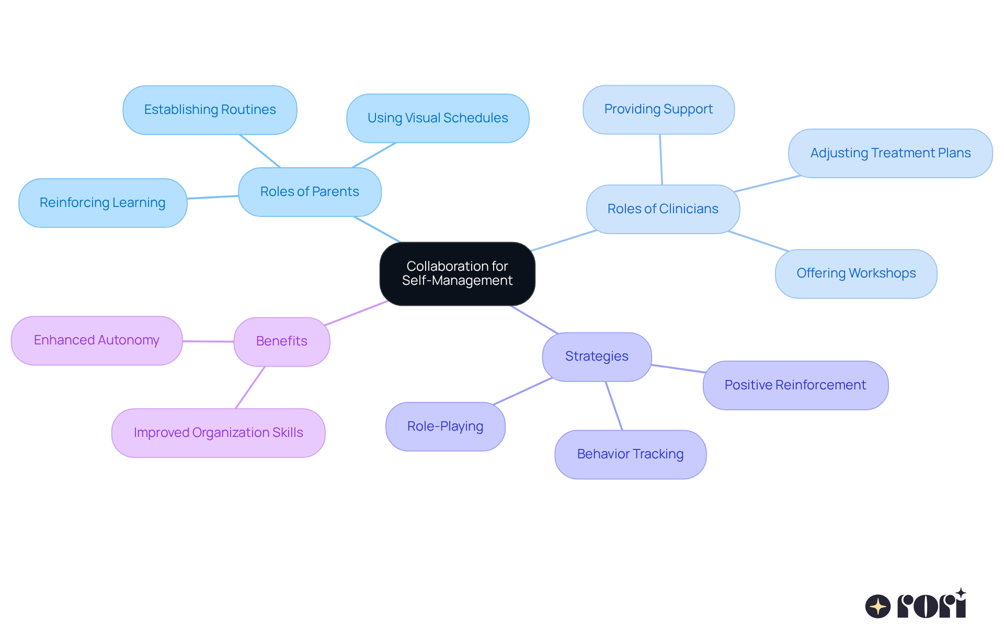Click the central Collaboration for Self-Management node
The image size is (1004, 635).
tap(457, 273)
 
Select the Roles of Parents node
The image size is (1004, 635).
tap(310, 192)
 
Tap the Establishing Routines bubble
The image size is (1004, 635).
tap(210, 110)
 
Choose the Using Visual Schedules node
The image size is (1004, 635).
tap(438, 118)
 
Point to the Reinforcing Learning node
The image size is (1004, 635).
tap(102, 203)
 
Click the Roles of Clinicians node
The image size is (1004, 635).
tap(663, 209)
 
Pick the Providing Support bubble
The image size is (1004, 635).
tap(658, 109)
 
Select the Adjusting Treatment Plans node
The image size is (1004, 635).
tap(890, 153)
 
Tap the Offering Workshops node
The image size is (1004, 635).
tap(856, 273)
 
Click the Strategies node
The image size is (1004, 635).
tap(597, 356)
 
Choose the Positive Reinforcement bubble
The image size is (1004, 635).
tap(795, 385)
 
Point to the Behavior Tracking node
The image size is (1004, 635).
tap(630, 454)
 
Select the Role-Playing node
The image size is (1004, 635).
tap(445, 426)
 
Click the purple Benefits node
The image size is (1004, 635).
tap(281, 341)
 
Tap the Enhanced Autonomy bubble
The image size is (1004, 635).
tap(96, 340)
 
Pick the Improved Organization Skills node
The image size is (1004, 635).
tap(218, 433)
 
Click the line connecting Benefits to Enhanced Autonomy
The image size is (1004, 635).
tap(208, 341)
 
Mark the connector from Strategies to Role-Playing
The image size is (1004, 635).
tap(522, 391)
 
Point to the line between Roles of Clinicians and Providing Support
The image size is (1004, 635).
tap(661, 159)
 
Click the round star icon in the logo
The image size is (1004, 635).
tap(877, 606)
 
